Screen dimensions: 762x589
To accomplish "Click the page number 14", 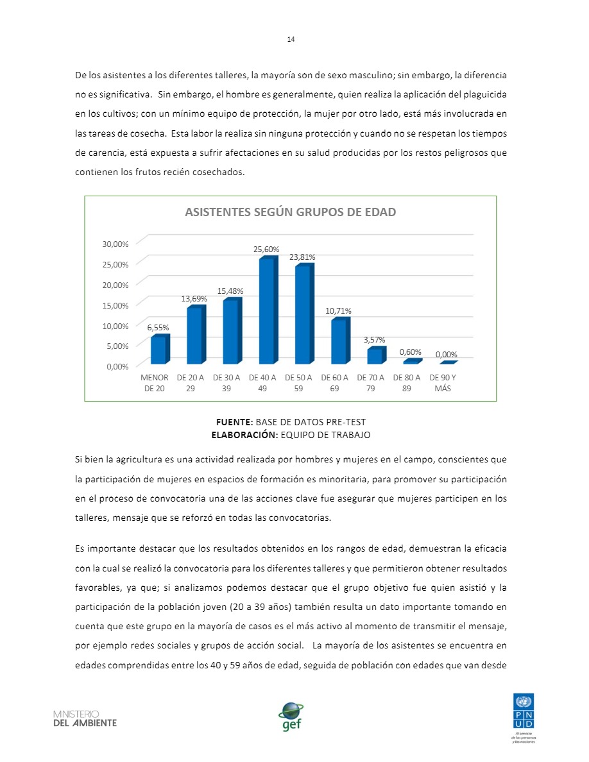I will tap(291, 39).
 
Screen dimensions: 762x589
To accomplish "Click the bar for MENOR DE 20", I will tap(158, 350).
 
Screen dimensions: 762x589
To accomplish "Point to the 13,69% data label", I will tap(194, 298).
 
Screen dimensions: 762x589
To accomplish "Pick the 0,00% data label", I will tap(446, 354).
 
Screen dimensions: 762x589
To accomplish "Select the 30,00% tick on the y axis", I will tap(115, 244).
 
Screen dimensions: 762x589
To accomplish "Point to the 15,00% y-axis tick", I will tap(115, 305).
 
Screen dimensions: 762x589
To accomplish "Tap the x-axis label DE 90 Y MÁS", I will tap(443, 383).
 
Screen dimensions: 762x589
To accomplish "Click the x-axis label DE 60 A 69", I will tap(334, 383).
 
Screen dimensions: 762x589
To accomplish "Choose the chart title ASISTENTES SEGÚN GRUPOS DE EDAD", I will tap(290, 212).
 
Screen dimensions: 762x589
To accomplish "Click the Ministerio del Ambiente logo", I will tap(85, 718).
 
